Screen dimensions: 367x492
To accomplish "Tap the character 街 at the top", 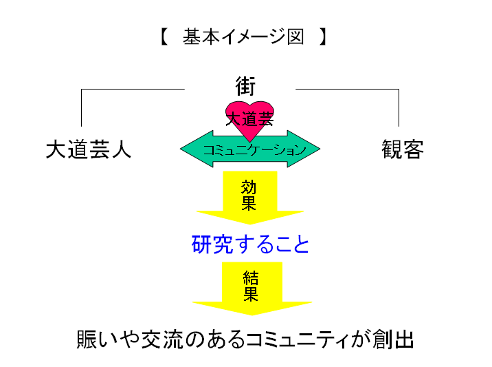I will coord(245,87).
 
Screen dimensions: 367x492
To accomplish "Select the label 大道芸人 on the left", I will coord(89,149).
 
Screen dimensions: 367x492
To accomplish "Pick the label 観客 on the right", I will coord(403,149).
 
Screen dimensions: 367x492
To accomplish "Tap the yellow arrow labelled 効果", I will coord(249,196).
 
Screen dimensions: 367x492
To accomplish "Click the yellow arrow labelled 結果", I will coord(251,288).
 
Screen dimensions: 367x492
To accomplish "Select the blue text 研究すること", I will coord(251,244).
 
